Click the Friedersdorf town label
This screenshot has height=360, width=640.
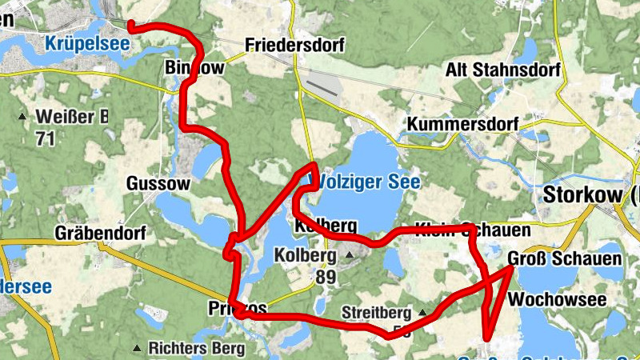click(294, 46)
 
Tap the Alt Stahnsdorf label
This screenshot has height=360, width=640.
click(502, 70)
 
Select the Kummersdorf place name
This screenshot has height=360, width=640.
click(462, 125)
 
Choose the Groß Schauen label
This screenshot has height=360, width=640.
click(564, 259)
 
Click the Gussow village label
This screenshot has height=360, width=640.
click(158, 184)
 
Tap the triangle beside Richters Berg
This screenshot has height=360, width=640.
click(138, 348)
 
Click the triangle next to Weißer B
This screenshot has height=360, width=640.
click(22, 118)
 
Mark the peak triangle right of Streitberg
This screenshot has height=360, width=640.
click(422, 312)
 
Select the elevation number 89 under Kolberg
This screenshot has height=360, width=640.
click(326, 278)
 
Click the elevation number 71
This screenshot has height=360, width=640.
click(46, 138)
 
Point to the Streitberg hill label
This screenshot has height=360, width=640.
click(375, 312)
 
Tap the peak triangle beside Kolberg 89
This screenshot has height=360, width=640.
click(350, 256)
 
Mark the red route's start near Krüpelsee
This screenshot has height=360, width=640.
click(130, 26)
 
